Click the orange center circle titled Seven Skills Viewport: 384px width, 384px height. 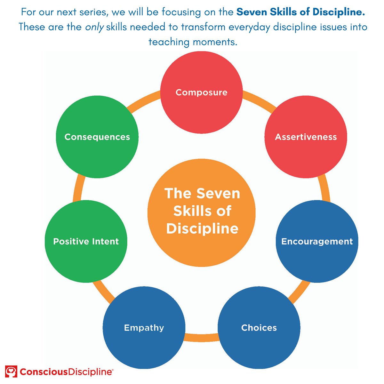click(x=202, y=212)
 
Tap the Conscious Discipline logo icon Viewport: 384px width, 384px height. click(x=11, y=372)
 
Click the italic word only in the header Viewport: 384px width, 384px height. click(x=94, y=27)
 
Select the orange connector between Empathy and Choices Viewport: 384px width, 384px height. click(x=201, y=337)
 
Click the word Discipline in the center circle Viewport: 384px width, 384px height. click(x=202, y=228)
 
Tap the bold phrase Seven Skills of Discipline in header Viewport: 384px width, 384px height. click(x=300, y=12)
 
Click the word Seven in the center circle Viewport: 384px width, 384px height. click(x=218, y=194)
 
